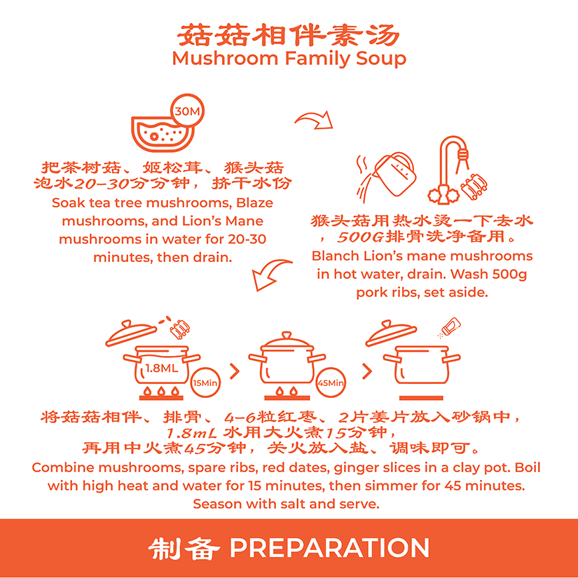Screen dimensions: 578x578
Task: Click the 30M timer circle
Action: [x=187, y=111]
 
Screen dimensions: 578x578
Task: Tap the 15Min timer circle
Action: [x=205, y=383]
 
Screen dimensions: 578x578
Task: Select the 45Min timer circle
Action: [x=331, y=383]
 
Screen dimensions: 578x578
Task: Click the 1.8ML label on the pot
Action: [x=162, y=368]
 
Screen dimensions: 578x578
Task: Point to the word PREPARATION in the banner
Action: [x=329, y=548]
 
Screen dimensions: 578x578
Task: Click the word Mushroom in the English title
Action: [x=225, y=59]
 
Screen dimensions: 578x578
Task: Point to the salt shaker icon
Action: [x=450, y=326]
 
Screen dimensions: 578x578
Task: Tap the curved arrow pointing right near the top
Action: [x=314, y=121]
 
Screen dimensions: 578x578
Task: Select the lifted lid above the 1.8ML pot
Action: [x=132, y=333]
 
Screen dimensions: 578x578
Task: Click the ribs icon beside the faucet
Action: [x=474, y=186]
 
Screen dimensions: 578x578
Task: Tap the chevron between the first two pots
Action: [x=235, y=371]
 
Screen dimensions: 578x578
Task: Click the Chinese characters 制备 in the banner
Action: [x=184, y=548]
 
